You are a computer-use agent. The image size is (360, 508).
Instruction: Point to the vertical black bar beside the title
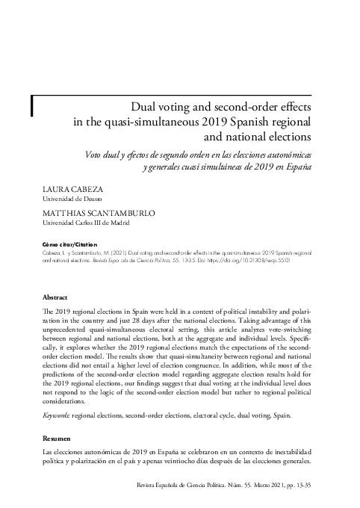(31, 107)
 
